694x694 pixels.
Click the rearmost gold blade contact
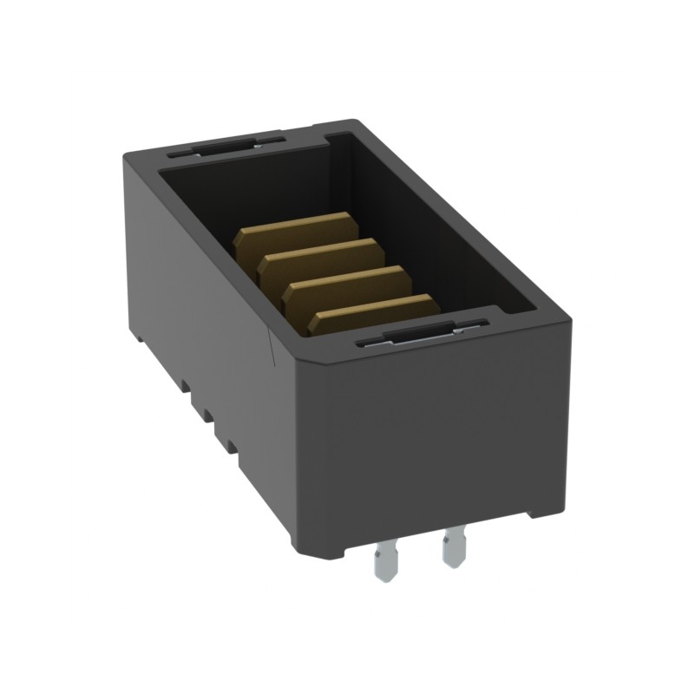tap(295, 232)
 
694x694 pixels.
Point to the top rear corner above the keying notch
tap(351, 124)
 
